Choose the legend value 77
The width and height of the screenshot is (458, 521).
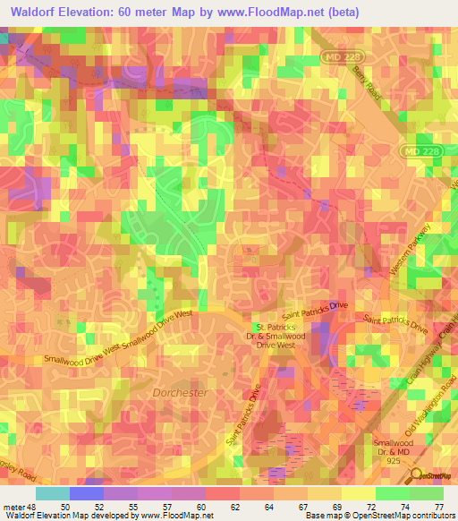click(x=438, y=482)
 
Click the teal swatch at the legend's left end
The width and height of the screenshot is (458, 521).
click(x=53, y=493)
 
